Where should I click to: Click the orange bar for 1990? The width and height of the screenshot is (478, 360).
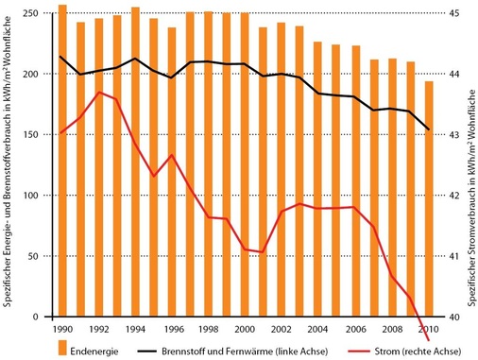click(62, 161)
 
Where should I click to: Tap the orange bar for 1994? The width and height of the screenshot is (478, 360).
click(135, 162)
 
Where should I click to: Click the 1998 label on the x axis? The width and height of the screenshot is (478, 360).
click(209, 328)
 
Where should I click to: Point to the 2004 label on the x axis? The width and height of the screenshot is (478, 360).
click(318, 328)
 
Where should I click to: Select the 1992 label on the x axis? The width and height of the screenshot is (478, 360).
click(98, 328)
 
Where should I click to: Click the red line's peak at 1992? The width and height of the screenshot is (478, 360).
click(99, 92)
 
